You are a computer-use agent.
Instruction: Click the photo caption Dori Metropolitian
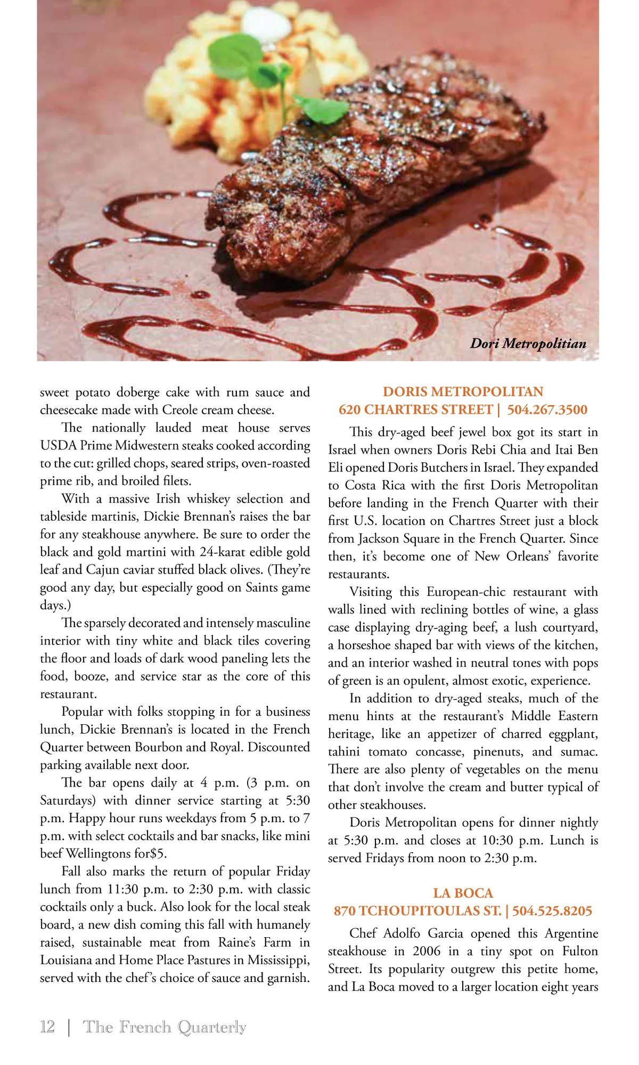tap(528, 343)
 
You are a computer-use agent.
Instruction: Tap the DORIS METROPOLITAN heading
tap(463, 392)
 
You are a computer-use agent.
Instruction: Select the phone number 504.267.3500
tap(547, 409)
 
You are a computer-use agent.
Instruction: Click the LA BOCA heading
tap(463, 893)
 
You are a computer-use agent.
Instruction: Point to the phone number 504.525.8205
tap(552, 911)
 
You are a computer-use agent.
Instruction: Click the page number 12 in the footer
tap(47, 1027)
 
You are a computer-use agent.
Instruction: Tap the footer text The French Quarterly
tap(165, 1027)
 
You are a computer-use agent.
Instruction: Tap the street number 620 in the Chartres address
tap(349, 409)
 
